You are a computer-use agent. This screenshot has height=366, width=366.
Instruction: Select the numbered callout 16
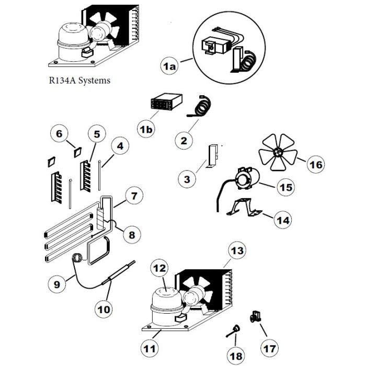click(x=315, y=165)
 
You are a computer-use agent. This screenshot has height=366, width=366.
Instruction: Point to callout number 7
click(x=134, y=197)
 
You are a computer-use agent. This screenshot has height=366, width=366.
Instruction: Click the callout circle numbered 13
click(x=237, y=251)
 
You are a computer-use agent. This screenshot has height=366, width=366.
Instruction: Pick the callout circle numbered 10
click(x=105, y=308)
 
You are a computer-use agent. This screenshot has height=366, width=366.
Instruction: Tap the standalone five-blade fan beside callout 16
click(x=278, y=152)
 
